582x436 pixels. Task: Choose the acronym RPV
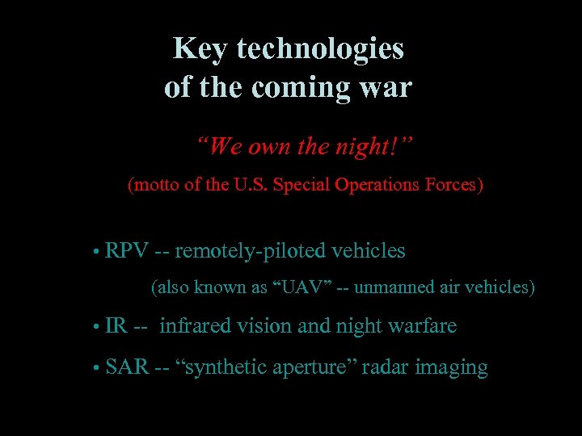point(127,251)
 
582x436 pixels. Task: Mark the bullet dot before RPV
point(96,253)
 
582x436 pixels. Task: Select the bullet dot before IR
point(96,328)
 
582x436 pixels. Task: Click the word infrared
point(194,326)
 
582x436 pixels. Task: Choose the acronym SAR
point(128,368)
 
